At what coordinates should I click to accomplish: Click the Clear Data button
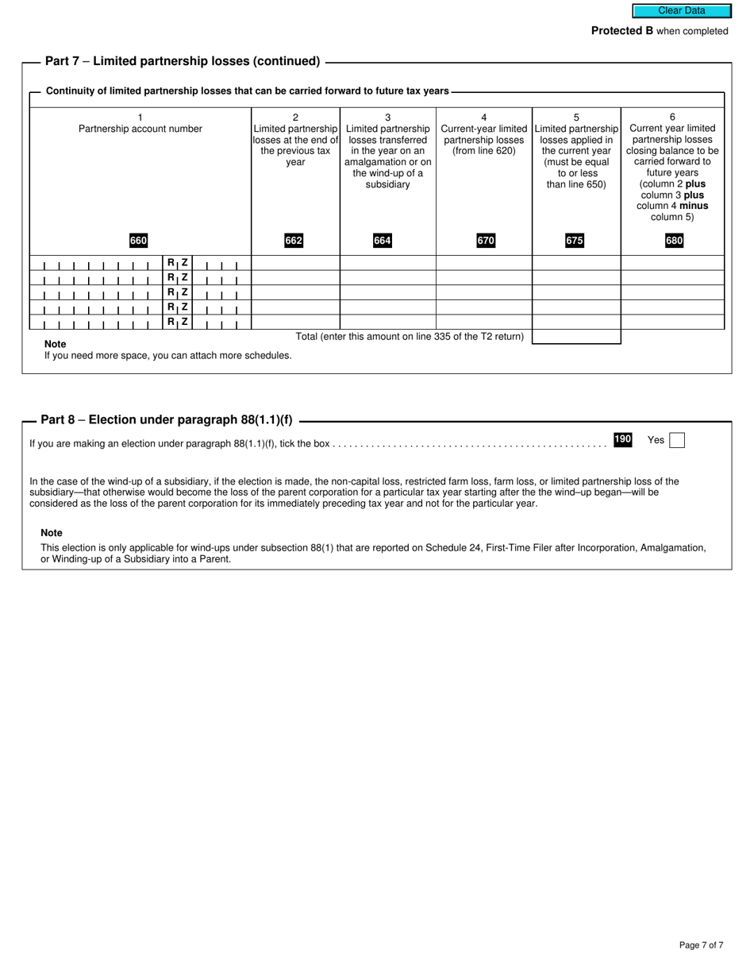681,10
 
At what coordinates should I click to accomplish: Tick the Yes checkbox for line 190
676,440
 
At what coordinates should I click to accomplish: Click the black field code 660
138,241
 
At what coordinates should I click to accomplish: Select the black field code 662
294,241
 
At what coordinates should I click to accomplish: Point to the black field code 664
383,241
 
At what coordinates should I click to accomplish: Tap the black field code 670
485,241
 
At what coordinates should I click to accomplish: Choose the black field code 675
574,241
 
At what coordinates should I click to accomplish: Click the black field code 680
674,241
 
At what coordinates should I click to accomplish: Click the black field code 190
622,439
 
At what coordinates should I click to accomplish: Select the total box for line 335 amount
575,337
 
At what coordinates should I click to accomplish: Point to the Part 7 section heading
183,61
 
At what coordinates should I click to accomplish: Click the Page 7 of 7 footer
701,945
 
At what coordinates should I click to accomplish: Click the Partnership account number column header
140,129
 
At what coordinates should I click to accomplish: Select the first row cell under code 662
295,263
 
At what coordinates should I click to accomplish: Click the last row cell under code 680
672,322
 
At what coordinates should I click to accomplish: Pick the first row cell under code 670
483,263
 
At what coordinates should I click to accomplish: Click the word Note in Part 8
52,533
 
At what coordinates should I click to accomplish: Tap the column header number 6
672,117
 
